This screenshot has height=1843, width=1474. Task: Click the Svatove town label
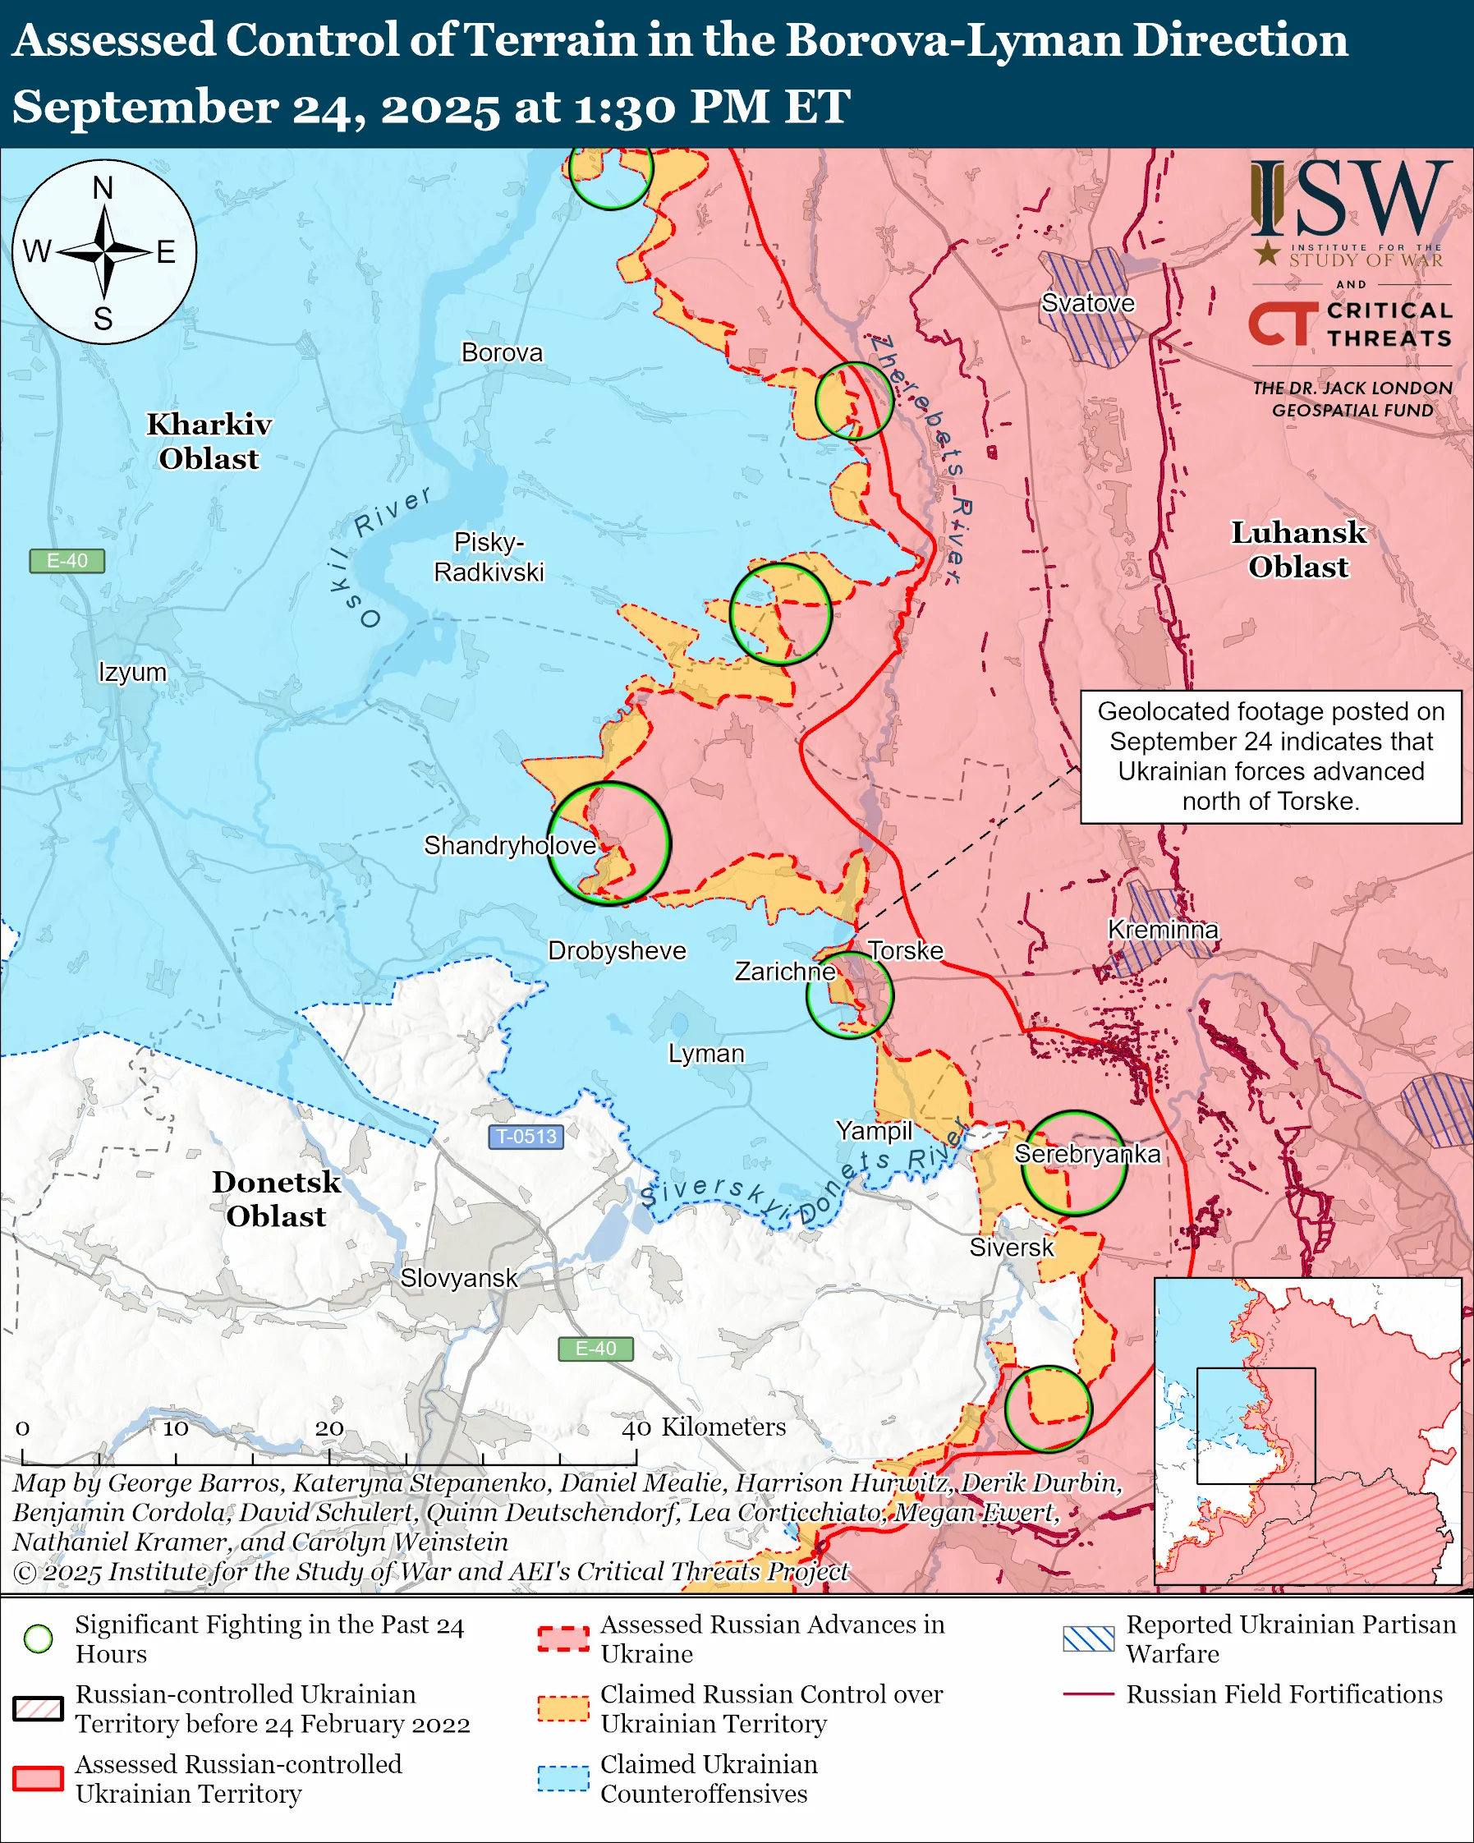(1087, 303)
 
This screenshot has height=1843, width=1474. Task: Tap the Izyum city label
(132, 672)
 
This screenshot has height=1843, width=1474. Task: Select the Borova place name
(502, 353)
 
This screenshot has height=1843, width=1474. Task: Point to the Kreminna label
(1162, 929)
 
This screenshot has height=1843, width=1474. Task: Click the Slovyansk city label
(458, 1278)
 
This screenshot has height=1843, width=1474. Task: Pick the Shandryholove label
(509, 845)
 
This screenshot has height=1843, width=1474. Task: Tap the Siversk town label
(1011, 1248)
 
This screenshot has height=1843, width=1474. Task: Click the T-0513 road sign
(526, 1136)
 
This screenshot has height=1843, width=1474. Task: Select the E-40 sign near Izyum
(67, 561)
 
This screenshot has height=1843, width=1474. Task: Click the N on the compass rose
(103, 188)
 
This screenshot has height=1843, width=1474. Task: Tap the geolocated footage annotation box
(1270, 756)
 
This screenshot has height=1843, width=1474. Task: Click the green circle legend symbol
(39, 1638)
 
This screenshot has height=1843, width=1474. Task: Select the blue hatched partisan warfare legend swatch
(1088, 1638)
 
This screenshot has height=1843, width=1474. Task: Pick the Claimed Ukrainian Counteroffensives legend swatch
(563, 1778)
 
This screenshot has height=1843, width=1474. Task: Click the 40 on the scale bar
(636, 1428)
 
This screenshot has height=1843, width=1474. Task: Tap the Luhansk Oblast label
(1297, 549)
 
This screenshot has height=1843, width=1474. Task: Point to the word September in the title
(145, 108)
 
